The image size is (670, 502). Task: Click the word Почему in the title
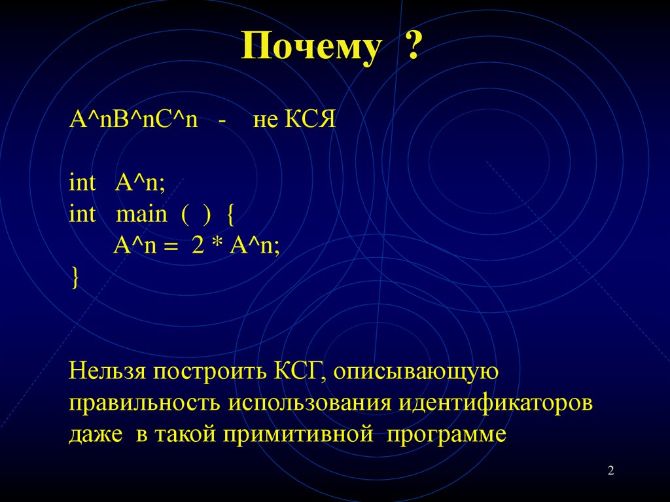coord(311,48)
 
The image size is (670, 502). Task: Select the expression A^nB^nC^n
coord(133,122)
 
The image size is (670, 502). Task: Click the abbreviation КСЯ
coord(310,122)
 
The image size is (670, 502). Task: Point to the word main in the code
coord(141,215)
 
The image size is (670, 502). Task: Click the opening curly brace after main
coord(230,215)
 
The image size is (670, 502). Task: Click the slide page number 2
coord(610,471)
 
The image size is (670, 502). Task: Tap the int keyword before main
coord(82,214)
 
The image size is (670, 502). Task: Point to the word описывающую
coord(416,373)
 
